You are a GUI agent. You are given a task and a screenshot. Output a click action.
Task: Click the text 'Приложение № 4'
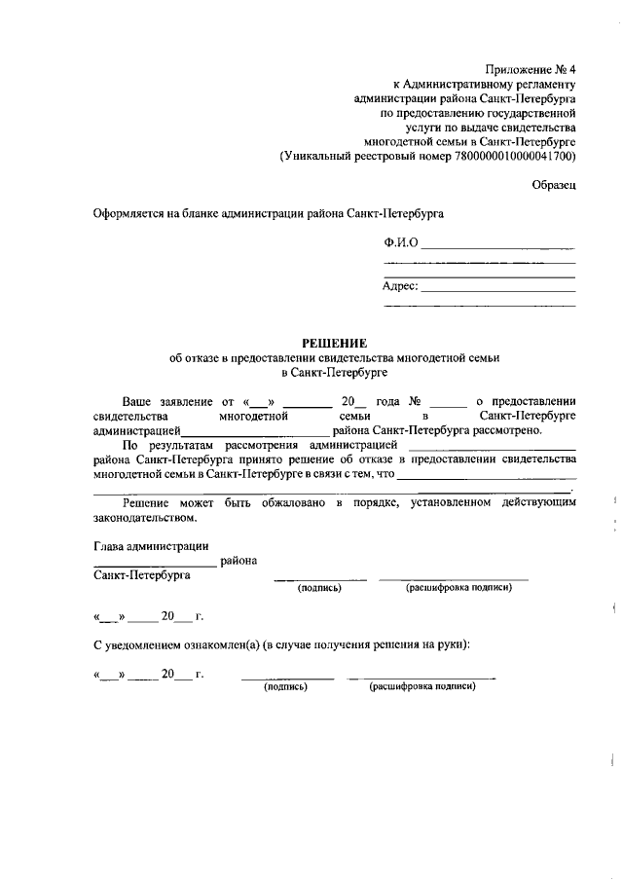tap(531, 68)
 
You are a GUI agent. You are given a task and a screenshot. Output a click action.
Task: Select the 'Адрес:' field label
tap(400, 286)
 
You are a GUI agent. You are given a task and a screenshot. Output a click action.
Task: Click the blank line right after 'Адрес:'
tap(497, 288)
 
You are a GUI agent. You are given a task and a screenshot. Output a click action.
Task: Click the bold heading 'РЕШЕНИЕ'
tap(334, 343)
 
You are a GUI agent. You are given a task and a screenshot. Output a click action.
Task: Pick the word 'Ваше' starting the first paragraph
tap(137, 401)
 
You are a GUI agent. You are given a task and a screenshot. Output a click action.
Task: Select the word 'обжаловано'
tap(291, 502)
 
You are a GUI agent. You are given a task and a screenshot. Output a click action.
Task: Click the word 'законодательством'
tap(140, 518)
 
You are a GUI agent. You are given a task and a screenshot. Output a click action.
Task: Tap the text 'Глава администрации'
tap(150, 546)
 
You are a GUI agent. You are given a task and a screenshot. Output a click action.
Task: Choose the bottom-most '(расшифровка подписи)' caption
tap(421, 686)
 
